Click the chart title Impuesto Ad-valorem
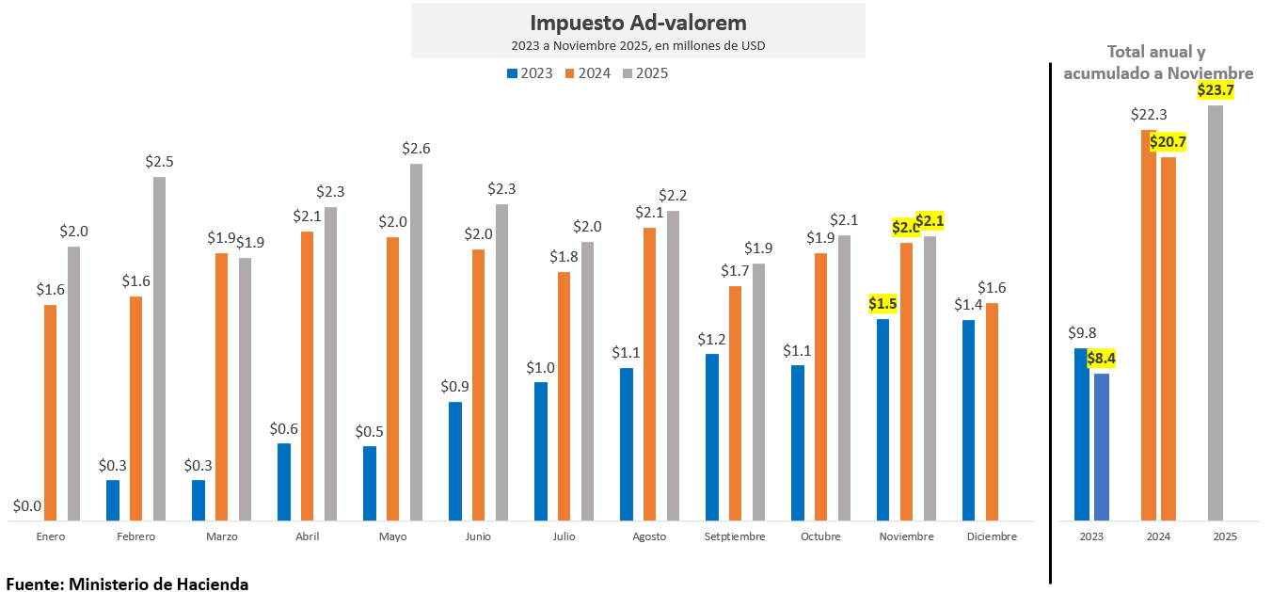pyautogui.click(x=638, y=23)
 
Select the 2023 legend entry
pyautogui.click(x=530, y=72)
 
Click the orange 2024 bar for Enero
pyautogui.click(x=50, y=412)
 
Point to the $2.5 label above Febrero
pyautogui.click(x=159, y=162)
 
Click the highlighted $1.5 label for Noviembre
pyautogui.click(x=882, y=303)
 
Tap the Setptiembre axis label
pyautogui.click(x=735, y=536)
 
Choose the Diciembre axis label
pyautogui.click(x=992, y=536)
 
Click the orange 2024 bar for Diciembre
pyautogui.click(x=992, y=411)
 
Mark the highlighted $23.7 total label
pyautogui.click(x=1216, y=90)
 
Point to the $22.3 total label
pyautogui.click(x=1149, y=115)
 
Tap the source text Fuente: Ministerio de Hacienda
pyautogui.click(x=127, y=584)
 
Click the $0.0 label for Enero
pyautogui.click(x=26, y=506)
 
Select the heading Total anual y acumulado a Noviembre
pyautogui.click(x=1157, y=62)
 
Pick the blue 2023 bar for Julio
pyautogui.click(x=541, y=451)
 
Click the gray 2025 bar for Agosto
pyautogui.click(x=673, y=365)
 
